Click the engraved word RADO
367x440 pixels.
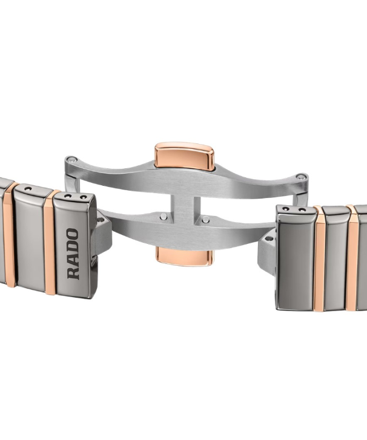(x=73, y=254)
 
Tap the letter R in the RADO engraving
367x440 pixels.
(x=73, y=273)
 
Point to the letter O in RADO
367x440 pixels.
(x=73, y=234)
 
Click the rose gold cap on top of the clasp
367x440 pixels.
(x=184, y=156)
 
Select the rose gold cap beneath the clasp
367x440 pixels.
(x=184, y=256)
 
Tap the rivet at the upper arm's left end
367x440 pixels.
(x=73, y=160)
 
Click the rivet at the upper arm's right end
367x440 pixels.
(x=301, y=177)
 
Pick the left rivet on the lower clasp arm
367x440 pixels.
(x=164, y=216)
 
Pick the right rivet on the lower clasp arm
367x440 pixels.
(x=206, y=219)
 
